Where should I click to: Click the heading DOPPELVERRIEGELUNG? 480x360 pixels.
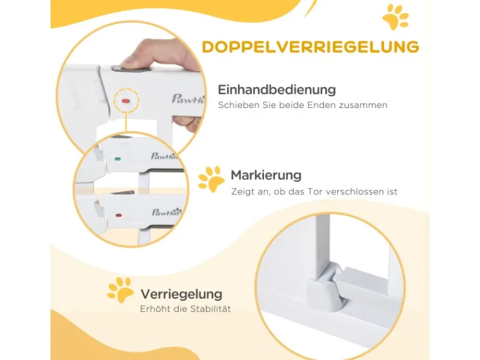tap(310, 47)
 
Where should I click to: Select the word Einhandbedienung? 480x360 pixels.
tap(277, 90)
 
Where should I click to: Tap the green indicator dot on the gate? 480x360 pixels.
tap(118, 160)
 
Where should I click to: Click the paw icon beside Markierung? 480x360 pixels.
tap(211, 179)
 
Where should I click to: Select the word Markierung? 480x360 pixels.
tap(266, 176)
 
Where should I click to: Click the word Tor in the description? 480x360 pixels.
tap(328, 192)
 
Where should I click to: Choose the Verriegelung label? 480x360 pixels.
tap(181, 295)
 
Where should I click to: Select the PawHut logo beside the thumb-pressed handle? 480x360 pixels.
tap(186, 98)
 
